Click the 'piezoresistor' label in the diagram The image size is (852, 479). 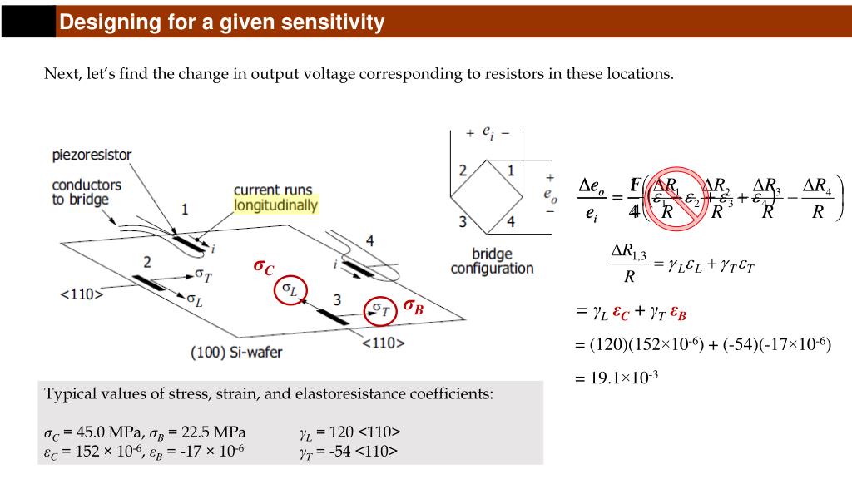[92, 156]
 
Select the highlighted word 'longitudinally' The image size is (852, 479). [275, 205]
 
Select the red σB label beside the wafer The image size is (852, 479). [414, 306]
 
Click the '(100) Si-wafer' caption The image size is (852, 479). [236, 352]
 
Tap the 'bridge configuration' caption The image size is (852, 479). [492, 261]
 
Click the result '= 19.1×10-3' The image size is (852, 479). [617, 377]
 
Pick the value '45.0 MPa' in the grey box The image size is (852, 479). [98, 432]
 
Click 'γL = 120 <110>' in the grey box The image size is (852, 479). [349, 432]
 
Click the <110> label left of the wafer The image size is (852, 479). [82, 294]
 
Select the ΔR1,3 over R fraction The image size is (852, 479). [628, 262]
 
